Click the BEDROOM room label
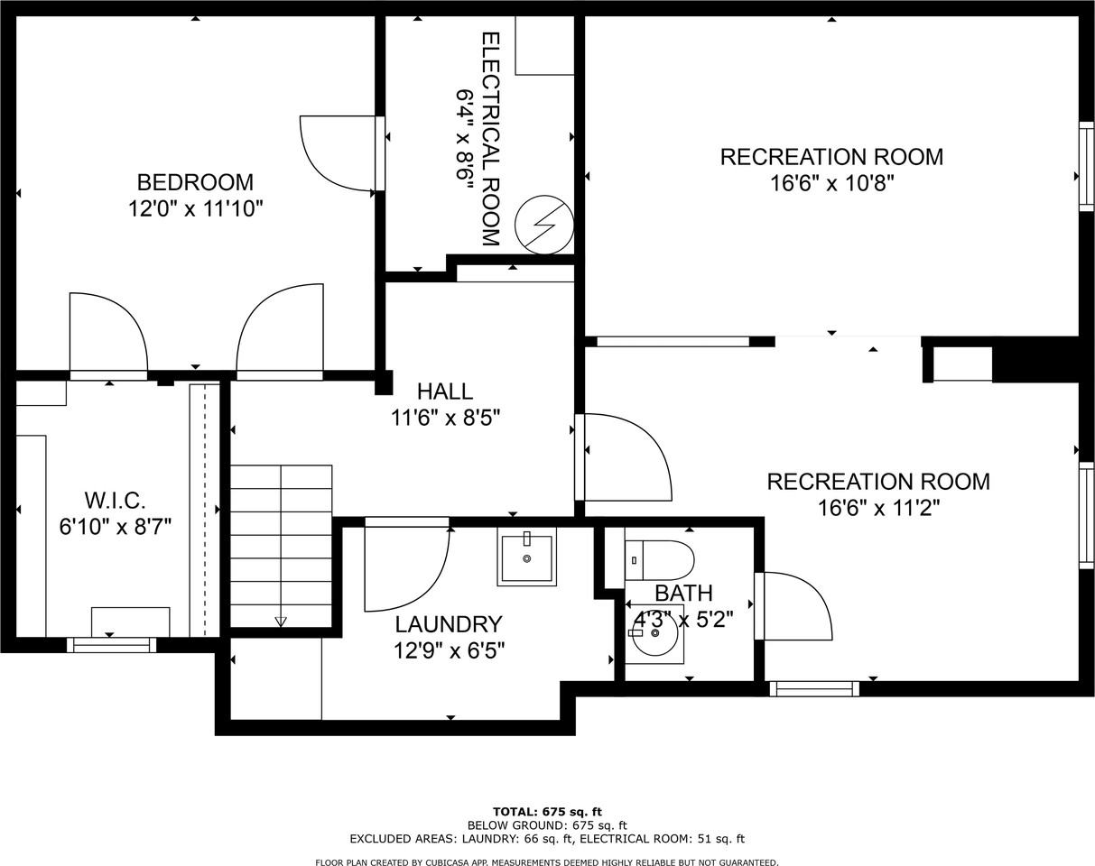(x=195, y=182)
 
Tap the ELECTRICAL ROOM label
(x=489, y=139)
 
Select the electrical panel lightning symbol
(x=544, y=226)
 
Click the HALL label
(x=444, y=392)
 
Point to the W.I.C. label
(x=115, y=500)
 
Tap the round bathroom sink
(x=654, y=633)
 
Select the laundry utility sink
(x=526, y=557)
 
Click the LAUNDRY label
(x=448, y=624)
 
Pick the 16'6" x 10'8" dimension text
(x=831, y=184)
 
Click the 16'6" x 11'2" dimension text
(x=878, y=508)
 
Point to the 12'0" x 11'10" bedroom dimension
(x=195, y=209)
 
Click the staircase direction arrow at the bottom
(x=281, y=622)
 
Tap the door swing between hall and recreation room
(x=626, y=456)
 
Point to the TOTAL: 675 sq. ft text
(x=546, y=812)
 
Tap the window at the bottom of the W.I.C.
(x=111, y=645)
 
